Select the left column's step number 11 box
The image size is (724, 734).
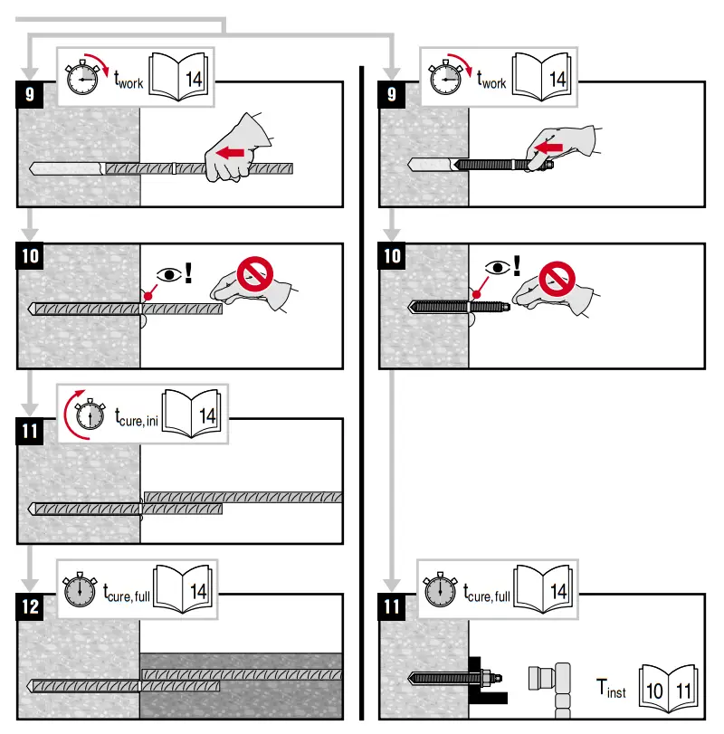[31, 431]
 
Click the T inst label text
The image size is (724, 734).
[611, 689]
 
